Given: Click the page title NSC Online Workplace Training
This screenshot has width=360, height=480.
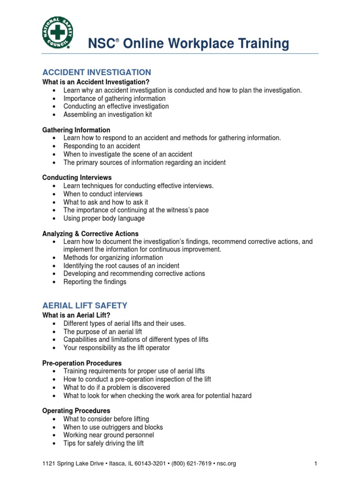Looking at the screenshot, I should click(189, 44).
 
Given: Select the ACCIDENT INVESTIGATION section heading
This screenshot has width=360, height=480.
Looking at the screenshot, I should click(97, 72).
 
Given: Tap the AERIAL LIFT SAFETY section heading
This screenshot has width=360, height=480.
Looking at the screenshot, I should click(85, 305).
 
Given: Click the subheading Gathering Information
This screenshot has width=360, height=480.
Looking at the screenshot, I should click(76, 130).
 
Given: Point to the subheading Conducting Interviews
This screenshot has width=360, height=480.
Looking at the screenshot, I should click(77, 178).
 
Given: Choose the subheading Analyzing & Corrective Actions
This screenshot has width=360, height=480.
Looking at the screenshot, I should click(90, 233).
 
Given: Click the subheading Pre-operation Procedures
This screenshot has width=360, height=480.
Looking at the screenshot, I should click(82, 363).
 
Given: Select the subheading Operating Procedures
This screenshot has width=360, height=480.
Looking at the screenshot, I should click(76, 411).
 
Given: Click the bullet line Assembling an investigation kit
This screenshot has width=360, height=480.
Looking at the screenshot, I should click(108, 114).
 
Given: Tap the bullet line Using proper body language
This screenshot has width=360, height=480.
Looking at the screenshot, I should click(104, 218).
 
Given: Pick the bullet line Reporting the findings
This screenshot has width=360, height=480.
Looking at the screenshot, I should click(95, 282).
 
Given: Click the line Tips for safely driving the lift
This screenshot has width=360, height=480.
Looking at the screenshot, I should click(104, 443).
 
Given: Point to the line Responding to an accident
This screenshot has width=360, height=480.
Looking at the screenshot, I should click(102, 146).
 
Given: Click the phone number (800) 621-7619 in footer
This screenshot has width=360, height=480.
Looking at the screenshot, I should click(191, 464).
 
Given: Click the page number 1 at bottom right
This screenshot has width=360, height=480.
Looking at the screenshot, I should click(316, 464).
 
